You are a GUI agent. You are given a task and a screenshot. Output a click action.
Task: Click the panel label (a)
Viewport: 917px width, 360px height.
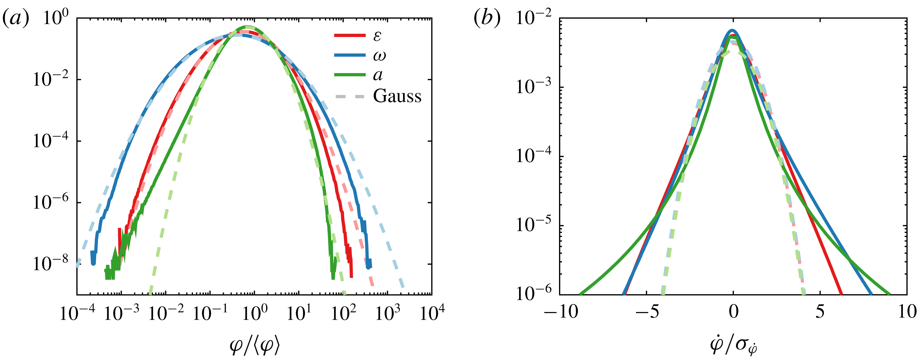(x=16, y=18)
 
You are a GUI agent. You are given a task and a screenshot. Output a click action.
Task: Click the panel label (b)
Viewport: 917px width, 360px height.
(x=487, y=18)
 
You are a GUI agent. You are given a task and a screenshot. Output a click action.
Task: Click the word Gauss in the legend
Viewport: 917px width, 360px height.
(x=397, y=96)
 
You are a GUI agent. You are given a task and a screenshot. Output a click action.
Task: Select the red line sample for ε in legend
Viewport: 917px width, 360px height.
(x=350, y=35)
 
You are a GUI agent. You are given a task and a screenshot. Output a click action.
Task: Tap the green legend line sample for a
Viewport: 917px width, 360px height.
(x=350, y=75)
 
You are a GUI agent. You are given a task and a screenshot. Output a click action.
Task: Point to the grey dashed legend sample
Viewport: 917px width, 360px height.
(x=350, y=97)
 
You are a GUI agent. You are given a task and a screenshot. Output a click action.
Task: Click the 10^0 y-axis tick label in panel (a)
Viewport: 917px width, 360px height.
(x=56, y=18)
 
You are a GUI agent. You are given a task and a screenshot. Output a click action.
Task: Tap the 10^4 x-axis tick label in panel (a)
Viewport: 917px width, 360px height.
(x=432, y=313)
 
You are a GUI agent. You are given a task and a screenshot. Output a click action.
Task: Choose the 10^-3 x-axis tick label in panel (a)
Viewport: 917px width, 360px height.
(x=122, y=313)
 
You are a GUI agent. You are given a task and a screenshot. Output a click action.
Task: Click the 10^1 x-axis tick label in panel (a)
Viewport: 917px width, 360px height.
(x=298, y=313)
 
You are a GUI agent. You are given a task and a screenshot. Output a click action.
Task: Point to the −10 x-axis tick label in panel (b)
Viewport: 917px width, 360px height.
(x=561, y=312)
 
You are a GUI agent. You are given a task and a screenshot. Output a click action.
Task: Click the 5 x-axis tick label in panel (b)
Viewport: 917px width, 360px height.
(x=820, y=312)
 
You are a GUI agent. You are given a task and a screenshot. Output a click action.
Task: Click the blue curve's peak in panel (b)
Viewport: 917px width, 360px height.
(x=732, y=30)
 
